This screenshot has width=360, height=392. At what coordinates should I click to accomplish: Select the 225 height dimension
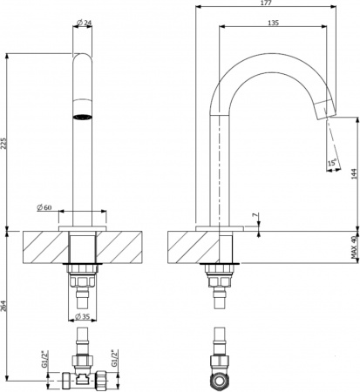(8, 143)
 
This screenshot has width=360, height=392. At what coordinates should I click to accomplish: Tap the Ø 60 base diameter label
(47, 206)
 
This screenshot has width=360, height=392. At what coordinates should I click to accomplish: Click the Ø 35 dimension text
(85, 314)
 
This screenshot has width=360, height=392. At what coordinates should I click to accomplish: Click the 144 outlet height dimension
(353, 172)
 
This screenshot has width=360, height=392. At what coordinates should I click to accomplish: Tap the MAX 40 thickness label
(354, 249)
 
